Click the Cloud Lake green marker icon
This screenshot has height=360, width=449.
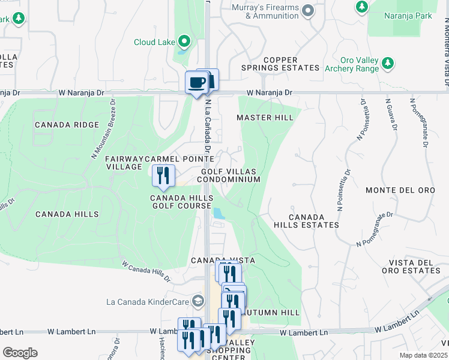(184, 42)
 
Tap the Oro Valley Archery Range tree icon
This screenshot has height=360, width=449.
(388, 62)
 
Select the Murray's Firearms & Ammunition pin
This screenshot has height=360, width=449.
(308, 10)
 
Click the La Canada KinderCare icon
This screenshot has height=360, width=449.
(197, 301)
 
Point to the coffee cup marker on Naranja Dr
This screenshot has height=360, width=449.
(196, 82)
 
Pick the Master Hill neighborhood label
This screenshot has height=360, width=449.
(265, 118)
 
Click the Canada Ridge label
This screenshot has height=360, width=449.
(67, 125)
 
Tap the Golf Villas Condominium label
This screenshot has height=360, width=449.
(230, 175)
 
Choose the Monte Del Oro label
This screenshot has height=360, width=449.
(400, 190)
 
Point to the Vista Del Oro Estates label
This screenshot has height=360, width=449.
(414, 266)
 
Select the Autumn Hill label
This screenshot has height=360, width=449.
(276, 313)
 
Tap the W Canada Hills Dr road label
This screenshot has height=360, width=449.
(146, 271)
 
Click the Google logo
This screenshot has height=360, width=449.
(20, 353)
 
